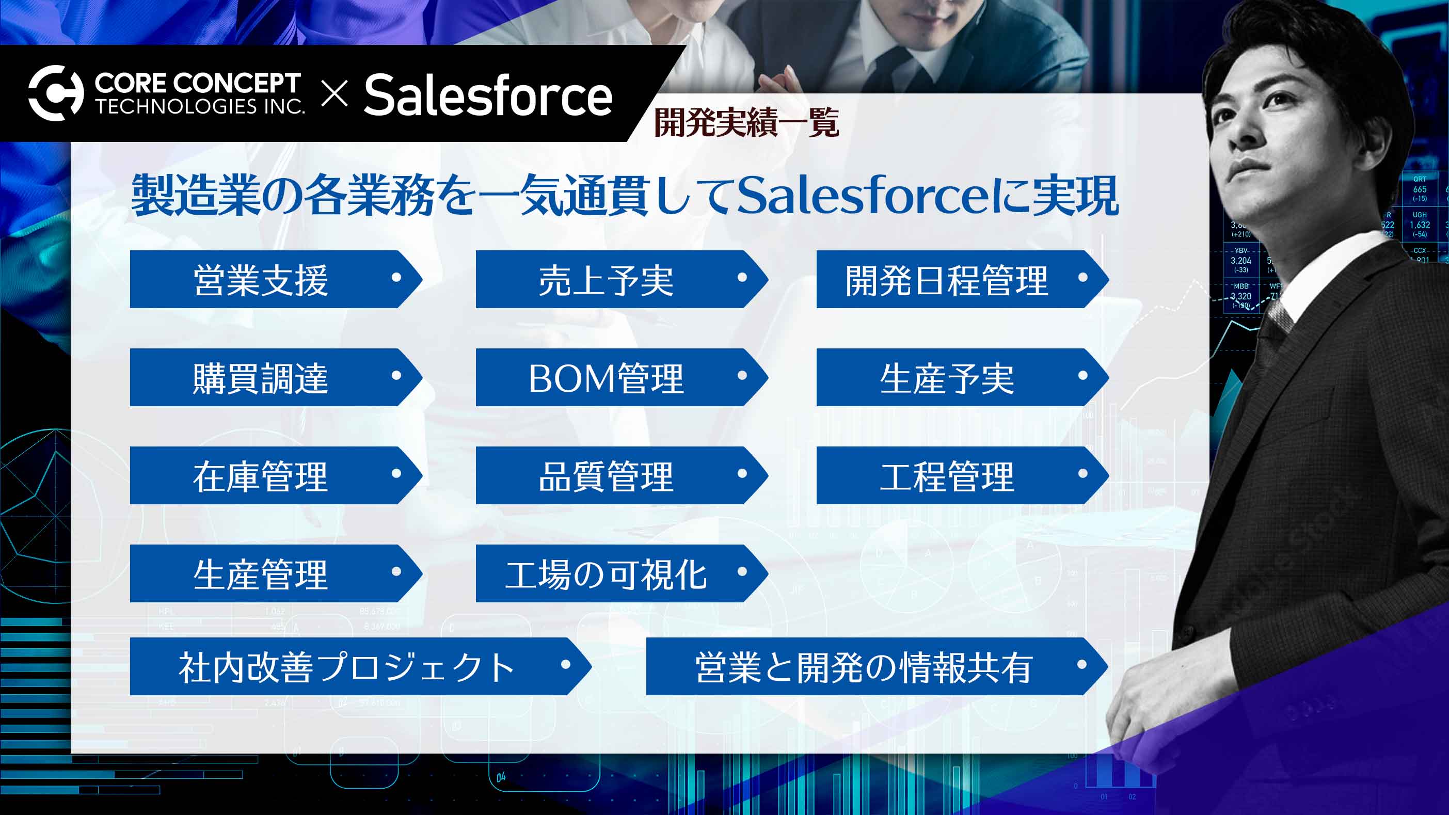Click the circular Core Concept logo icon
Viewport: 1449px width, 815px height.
55,93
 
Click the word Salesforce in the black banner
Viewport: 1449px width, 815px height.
488,95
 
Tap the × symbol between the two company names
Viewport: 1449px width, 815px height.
335,93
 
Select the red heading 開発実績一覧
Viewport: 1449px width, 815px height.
746,123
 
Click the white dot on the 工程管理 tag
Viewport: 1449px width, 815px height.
1082,474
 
